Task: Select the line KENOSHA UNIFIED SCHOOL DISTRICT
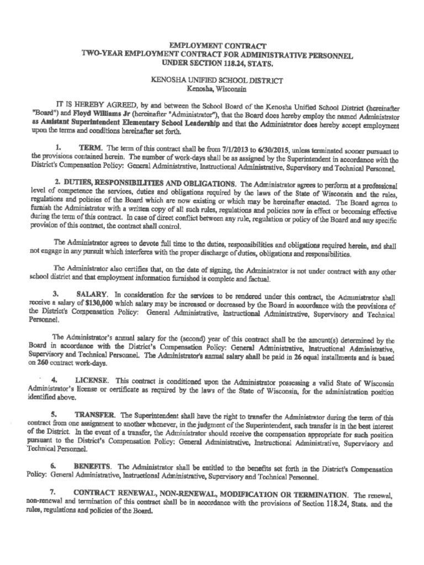(x=217, y=81)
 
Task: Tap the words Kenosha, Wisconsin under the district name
(x=217, y=89)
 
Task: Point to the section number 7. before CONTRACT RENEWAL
(x=52, y=493)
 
